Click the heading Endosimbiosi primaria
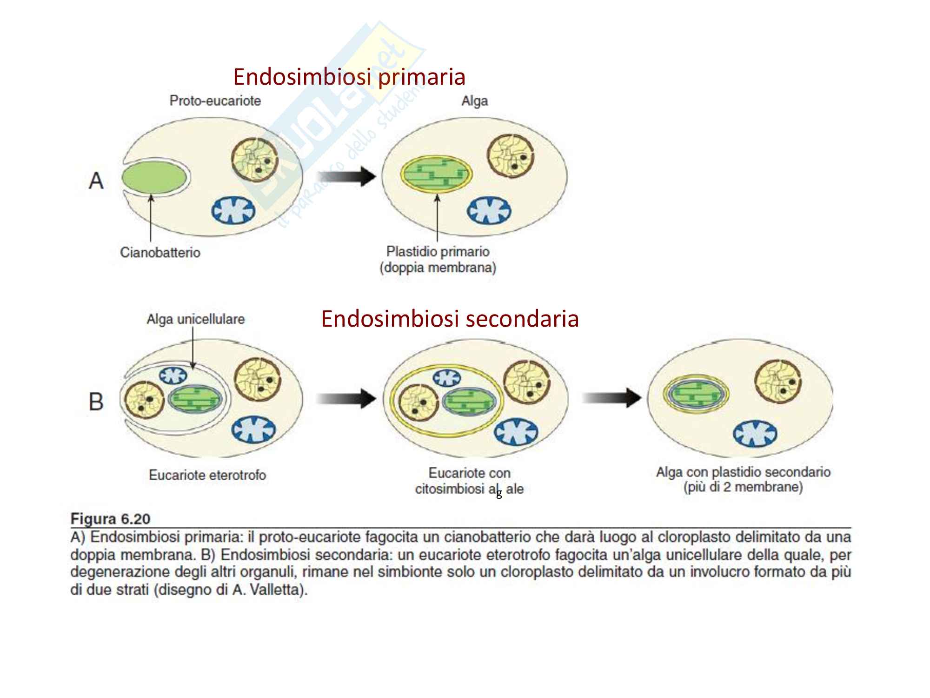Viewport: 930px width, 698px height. click(349, 77)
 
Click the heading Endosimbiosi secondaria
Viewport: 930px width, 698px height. click(450, 319)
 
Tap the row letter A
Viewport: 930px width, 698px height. click(96, 181)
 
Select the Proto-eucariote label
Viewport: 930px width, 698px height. click(215, 101)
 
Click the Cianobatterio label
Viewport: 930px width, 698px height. click(160, 253)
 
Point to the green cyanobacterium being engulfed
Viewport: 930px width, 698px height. click(155, 178)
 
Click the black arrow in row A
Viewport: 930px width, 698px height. click(346, 177)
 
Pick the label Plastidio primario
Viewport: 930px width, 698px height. click(438, 252)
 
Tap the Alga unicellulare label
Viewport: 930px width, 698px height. click(195, 319)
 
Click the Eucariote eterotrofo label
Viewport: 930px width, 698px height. click(207, 475)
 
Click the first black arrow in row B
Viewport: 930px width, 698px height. click(346, 398)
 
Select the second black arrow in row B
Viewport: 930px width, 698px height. click(611, 397)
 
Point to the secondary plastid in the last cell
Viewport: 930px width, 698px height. click(696, 396)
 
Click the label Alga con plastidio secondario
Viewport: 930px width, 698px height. click(743, 472)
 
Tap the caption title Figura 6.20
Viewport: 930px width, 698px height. click(110, 519)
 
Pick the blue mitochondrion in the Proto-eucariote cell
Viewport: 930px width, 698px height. click(234, 210)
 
